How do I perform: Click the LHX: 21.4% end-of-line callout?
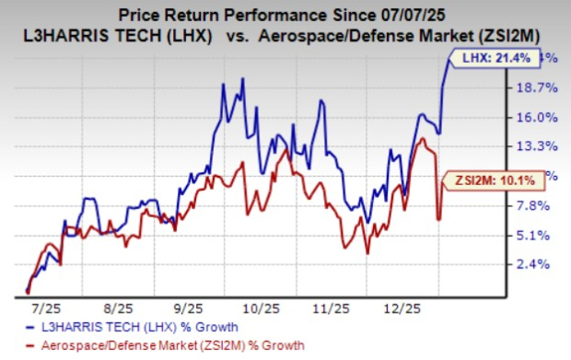[x=483, y=58]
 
